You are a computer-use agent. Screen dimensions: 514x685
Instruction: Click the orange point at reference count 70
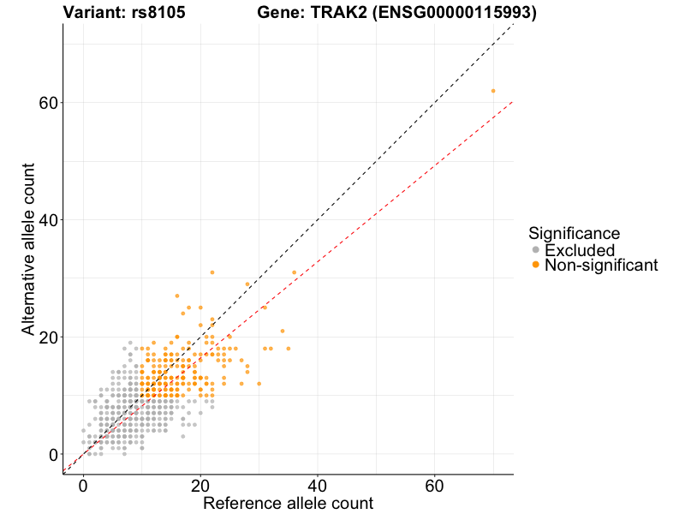pyautogui.click(x=493, y=91)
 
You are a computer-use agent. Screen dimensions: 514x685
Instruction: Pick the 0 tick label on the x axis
pyautogui.click(x=83, y=485)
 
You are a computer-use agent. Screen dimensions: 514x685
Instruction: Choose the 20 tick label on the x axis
pyautogui.click(x=200, y=485)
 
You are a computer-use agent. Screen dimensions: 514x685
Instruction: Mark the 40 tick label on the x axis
pyautogui.click(x=318, y=485)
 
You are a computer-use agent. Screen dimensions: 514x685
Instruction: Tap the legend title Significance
pyautogui.click(x=574, y=233)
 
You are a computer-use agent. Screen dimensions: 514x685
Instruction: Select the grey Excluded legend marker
pyautogui.click(x=536, y=250)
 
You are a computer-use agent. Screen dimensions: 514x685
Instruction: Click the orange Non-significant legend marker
pyautogui.click(x=536, y=266)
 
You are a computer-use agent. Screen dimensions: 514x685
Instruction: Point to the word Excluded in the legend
pyautogui.click(x=579, y=250)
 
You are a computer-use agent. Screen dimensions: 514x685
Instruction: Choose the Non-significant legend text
pyautogui.click(x=600, y=266)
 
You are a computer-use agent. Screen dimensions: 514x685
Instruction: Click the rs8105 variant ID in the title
pyautogui.click(x=159, y=12)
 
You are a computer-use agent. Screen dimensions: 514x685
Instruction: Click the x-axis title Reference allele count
pyautogui.click(x=288, y=503)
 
